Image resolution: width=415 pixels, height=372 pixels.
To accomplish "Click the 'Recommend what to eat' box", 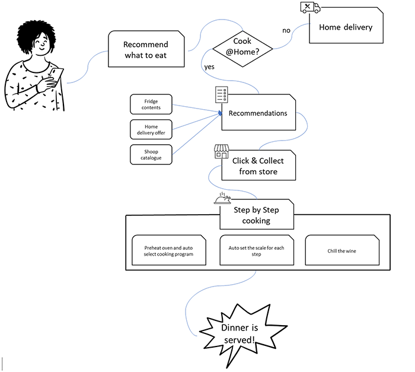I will coord(145,49).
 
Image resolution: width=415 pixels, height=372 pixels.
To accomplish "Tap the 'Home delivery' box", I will coord(346,27).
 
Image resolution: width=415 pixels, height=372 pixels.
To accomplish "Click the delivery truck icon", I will coord(310,7).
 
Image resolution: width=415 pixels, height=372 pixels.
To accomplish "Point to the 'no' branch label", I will coord(286,30).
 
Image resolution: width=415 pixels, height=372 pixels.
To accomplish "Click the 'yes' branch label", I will coord(209,66).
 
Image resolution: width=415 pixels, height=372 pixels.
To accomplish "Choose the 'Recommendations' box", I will coord(258,113).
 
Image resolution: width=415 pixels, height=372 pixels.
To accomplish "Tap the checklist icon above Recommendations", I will coord(221,96).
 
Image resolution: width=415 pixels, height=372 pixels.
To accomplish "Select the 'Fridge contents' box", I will coord(151,104).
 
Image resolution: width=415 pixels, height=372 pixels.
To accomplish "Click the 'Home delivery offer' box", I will coord(151,129).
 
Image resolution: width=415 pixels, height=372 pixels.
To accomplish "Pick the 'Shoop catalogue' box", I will coord(151,154).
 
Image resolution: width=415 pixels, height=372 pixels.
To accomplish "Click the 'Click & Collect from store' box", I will coord(258,166).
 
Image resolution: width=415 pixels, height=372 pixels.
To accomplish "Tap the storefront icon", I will coord(221,151).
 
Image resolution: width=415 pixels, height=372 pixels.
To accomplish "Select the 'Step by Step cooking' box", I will coord(256,215).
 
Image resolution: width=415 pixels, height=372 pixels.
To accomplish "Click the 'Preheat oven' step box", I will coord(168,250).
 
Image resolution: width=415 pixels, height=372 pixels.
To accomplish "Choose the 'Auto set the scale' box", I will coord(256,250).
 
